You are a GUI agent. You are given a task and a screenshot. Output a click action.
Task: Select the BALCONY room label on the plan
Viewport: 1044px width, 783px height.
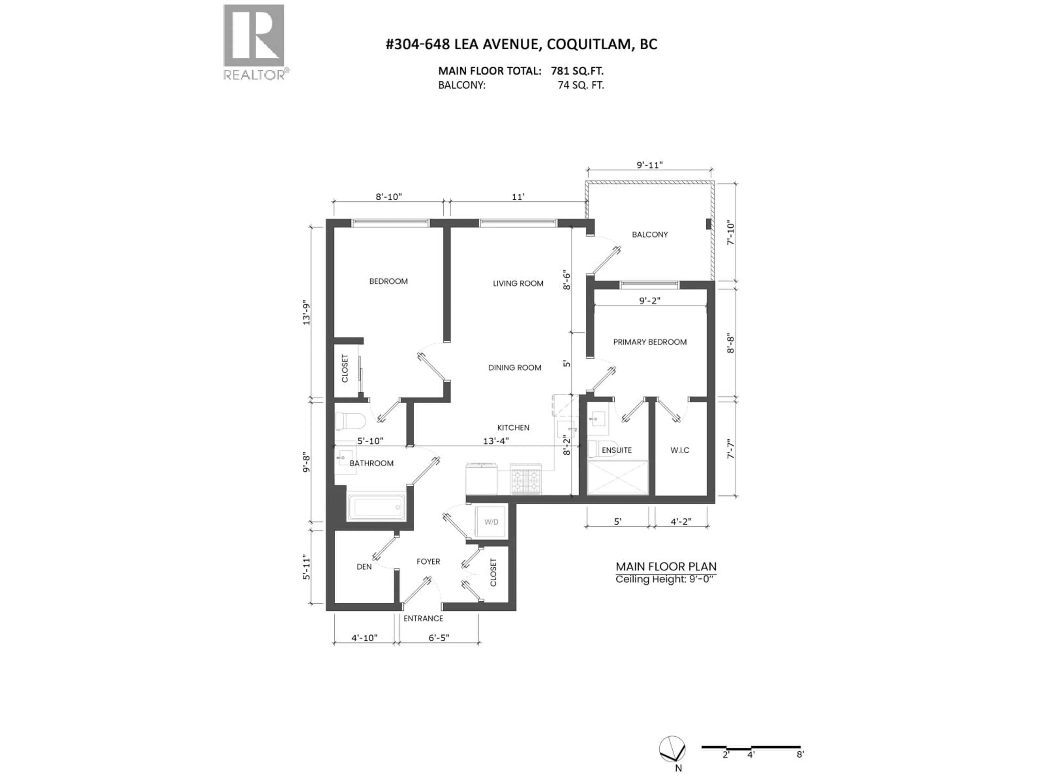pos(650,235)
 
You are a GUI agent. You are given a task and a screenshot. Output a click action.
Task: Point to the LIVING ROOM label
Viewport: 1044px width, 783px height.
pos(518,284)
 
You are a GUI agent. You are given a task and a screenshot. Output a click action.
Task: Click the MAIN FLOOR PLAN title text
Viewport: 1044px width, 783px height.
pos(666,567)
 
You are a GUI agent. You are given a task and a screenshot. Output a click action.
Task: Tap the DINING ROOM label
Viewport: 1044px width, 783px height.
pos(514,368)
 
